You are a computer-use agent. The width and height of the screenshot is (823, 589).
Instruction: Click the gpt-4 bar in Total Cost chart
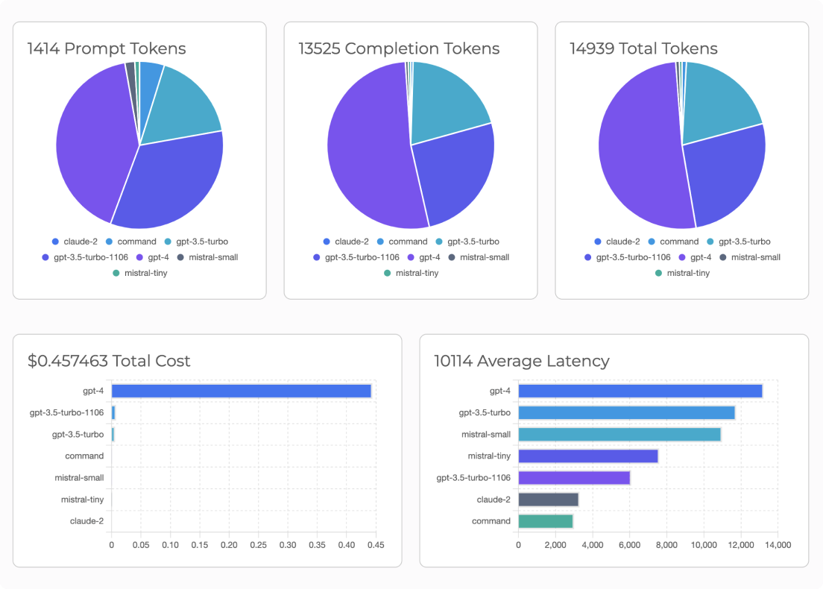241,391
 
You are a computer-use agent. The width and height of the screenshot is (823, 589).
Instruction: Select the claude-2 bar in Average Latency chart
548,500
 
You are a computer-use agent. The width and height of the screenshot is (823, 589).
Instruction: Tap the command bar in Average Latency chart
545,521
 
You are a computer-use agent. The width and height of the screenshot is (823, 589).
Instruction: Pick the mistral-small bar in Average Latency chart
619,434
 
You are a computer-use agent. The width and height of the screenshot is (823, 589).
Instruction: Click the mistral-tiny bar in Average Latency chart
587,456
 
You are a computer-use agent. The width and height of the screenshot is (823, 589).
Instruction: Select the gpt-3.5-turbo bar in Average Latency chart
626,412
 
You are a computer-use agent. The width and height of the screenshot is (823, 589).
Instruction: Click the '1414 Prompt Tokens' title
107,48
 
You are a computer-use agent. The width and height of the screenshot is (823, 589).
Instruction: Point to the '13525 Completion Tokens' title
399,48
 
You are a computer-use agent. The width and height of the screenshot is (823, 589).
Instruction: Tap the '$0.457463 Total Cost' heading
109,361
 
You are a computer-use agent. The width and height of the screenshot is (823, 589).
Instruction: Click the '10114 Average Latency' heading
522,361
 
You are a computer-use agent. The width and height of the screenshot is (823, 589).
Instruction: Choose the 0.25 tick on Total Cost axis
258,545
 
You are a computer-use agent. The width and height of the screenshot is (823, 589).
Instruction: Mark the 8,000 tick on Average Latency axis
666,545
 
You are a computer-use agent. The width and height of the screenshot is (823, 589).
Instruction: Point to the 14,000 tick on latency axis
778,545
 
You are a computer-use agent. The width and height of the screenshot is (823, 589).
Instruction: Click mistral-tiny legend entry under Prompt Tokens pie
139,273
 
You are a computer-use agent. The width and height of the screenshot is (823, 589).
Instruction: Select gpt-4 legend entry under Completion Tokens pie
424,257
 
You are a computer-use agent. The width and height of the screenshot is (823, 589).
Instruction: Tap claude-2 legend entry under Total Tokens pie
618,242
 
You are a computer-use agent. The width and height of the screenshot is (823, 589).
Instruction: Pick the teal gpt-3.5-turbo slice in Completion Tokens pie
447,101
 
